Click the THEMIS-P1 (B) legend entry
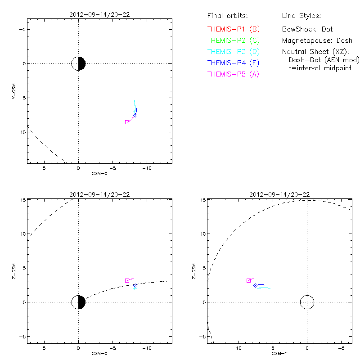coord(234,29)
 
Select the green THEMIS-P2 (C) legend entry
coord(234,40)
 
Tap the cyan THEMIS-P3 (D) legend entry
coord(234,52)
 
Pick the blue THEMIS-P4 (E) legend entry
coord(234,63)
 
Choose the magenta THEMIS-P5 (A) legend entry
coord(234,74)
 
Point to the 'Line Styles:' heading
coord(301,16)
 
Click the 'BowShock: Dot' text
coord(307,29)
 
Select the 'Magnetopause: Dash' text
coord(317,40)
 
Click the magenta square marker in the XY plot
coord(127,122)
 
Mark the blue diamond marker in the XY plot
coord(135,115)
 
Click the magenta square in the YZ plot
coord(248,280)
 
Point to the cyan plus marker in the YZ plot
coord(259,288)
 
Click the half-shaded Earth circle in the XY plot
coord(78,63)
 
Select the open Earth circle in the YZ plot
coord(307,302)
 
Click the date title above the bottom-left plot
coord(100,194)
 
